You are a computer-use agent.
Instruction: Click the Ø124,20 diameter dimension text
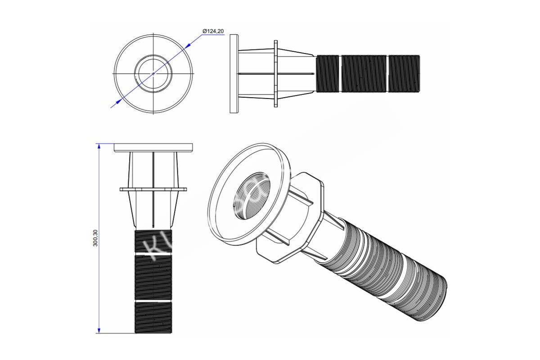213,31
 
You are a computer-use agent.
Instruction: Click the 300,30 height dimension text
94,237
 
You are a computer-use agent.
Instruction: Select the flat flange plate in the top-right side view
234,73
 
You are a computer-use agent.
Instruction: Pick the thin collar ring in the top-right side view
276,73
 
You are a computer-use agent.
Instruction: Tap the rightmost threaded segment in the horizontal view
404,73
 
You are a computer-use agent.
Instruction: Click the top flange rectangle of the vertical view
153,148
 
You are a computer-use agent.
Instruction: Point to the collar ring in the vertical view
153,189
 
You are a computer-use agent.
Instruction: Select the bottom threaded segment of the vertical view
153,317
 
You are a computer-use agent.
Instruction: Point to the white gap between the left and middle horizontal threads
340,73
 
